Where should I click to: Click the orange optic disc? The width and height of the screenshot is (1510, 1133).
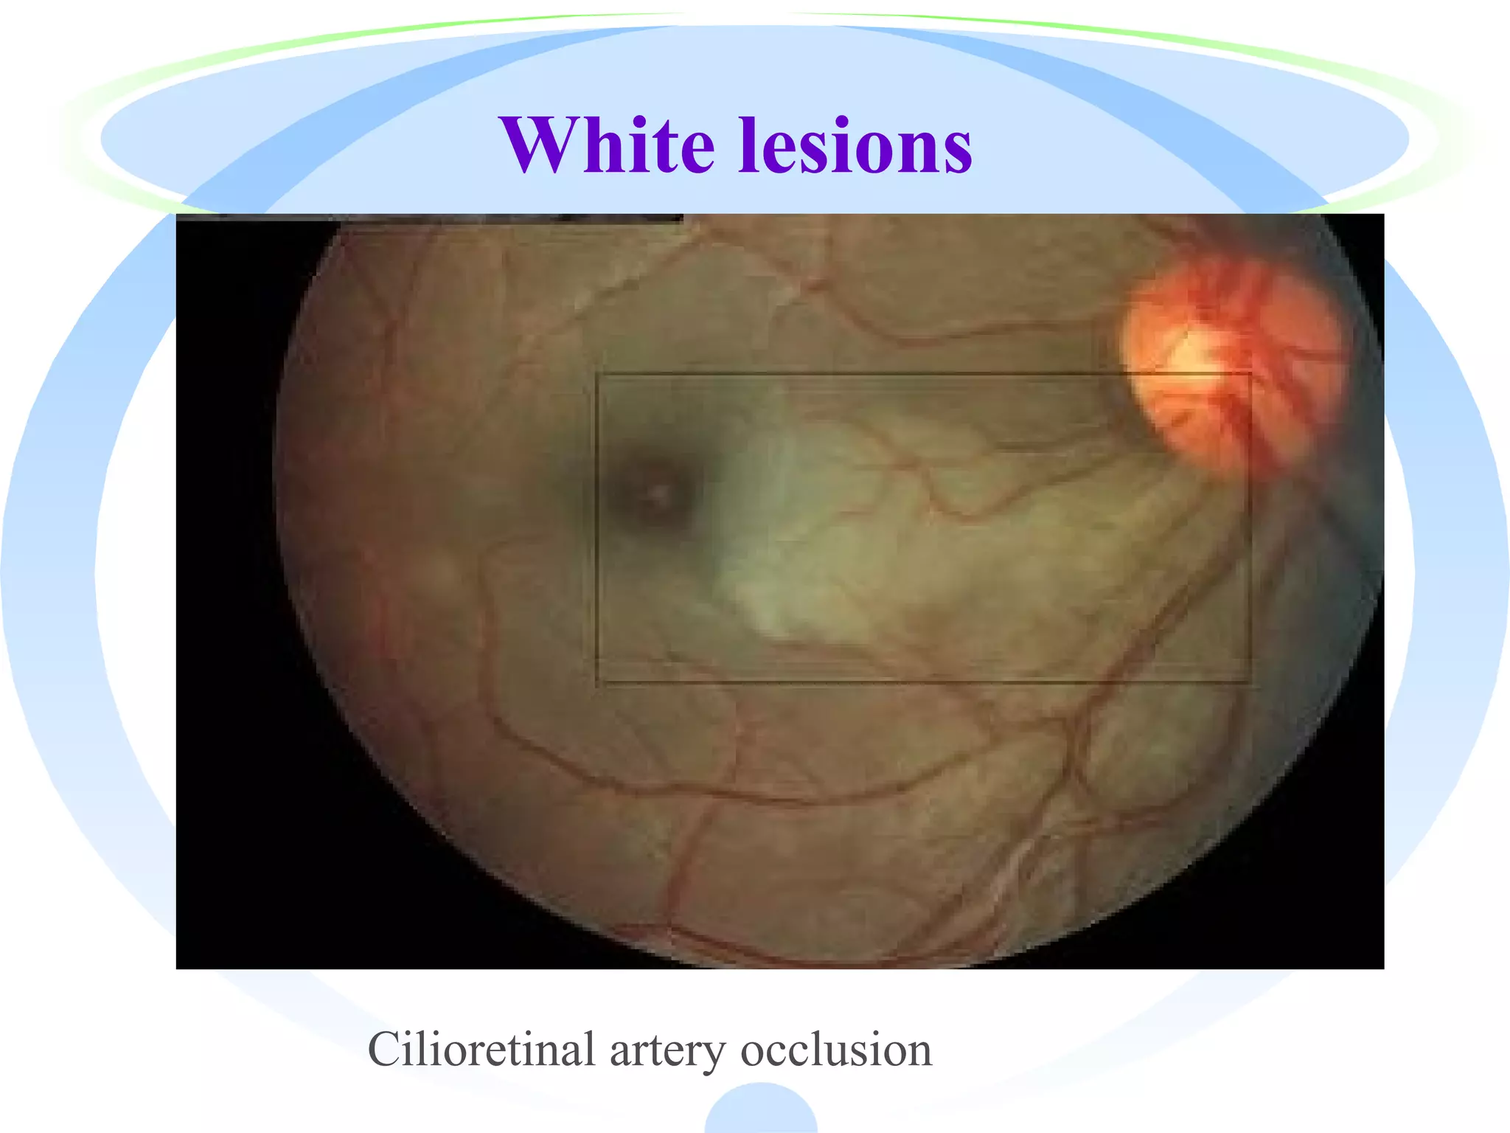coord(1231,369)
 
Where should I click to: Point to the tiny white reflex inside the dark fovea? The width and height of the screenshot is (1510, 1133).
coord(657,491)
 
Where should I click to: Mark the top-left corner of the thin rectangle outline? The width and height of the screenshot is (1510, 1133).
coord(596,375)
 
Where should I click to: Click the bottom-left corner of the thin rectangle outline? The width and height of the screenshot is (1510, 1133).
coord(596,683)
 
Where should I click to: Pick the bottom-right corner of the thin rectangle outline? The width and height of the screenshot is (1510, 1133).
coord(1250,683)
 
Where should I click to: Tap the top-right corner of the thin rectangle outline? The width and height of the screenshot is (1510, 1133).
coord(1250,375)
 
